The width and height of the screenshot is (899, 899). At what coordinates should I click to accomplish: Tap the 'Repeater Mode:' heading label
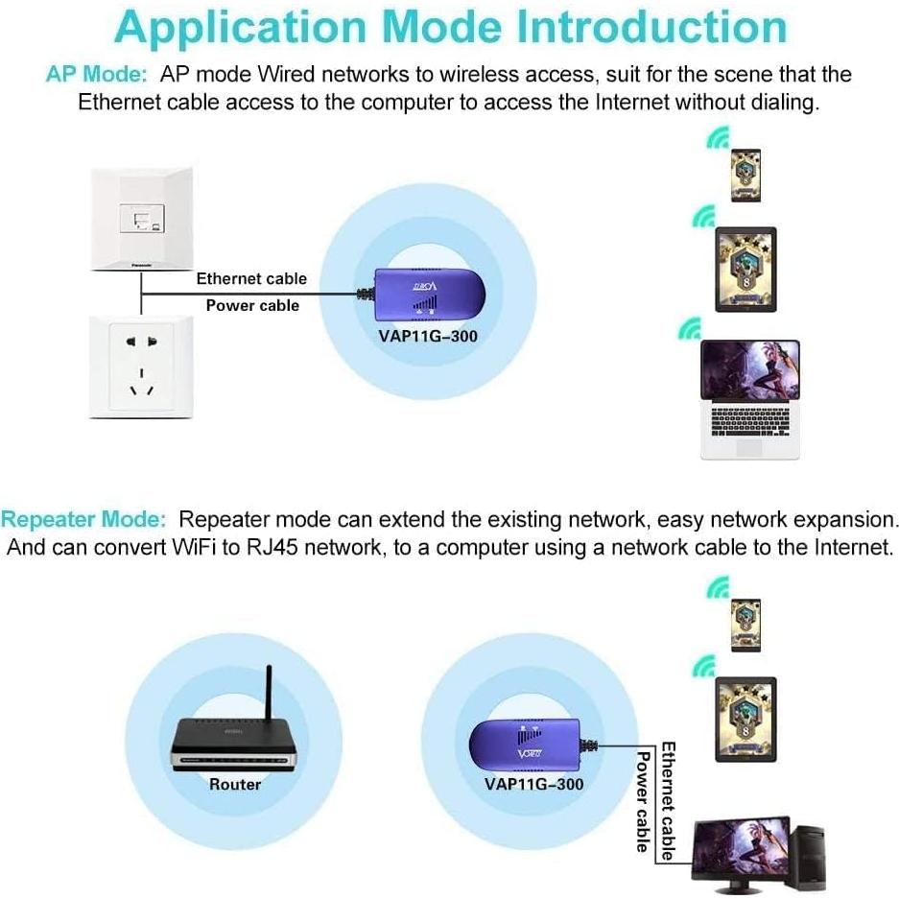pos(83,520)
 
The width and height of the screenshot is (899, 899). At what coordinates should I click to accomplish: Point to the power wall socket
pos(141,366)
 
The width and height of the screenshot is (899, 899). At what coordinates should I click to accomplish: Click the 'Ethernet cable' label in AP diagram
pos(251,279)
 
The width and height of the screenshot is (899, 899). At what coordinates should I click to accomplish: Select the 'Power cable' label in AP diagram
pos(252,306)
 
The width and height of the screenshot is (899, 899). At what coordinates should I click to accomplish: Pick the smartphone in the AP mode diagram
pos(745,174)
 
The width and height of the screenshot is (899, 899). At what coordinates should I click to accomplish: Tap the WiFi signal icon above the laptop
pos(688,329)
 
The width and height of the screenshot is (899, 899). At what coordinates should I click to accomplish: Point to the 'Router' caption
pos(235,785)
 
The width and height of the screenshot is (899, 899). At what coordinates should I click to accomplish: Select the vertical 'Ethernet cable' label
pos(669,800)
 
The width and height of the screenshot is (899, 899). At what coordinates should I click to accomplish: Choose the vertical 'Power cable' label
pos(644,801)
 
